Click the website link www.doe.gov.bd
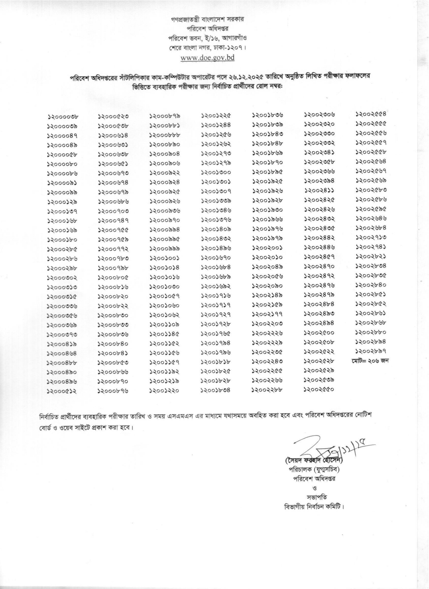208,58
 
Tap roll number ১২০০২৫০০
319,333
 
